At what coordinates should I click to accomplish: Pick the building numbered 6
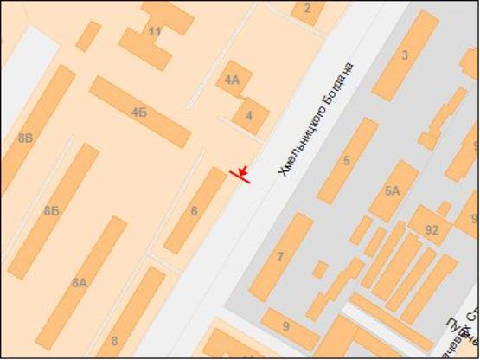[195, 210]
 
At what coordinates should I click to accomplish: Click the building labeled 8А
[80, 281]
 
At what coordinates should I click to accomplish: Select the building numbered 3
[404, 56]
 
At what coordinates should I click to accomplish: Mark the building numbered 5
[347, 160]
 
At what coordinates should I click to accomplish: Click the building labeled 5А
[394, 190]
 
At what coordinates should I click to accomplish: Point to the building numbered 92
[432, 229]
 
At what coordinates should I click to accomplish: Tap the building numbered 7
[280, 256]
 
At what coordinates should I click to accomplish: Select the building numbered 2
[308, 10]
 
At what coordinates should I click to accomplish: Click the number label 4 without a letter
[250, 115]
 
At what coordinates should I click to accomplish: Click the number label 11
[155, 32]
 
